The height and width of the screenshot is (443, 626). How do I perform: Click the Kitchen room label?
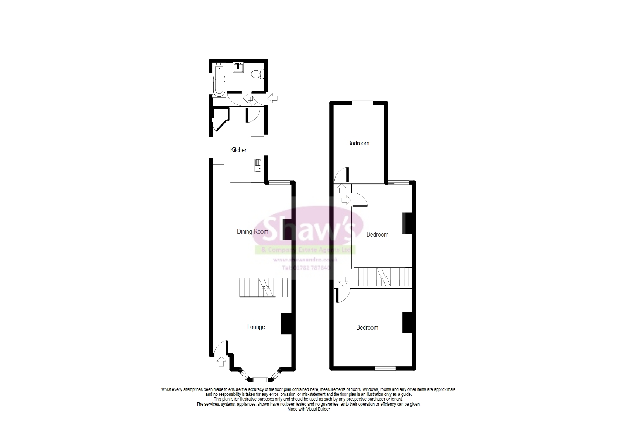click(239, 150)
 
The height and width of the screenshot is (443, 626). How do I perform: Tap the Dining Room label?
click(252, 232)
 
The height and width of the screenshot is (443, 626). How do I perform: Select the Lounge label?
click(256, 327)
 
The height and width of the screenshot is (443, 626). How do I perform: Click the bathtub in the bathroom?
click(220, 80)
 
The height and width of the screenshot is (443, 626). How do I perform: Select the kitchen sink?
click(258, 165)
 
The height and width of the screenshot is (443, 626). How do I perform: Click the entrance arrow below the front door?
click(221, 361)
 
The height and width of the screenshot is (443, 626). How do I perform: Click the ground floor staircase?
click(265, 288)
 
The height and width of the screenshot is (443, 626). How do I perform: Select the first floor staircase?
click(382, 277)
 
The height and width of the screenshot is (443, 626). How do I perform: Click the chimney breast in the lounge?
click(286, 324)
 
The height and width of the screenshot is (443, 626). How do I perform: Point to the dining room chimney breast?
click(288, 230)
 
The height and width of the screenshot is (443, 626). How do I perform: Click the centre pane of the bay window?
click(260, 379)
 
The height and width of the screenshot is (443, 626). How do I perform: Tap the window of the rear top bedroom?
click(362, 103)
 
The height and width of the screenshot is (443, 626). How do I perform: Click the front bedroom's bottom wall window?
click(385, 368)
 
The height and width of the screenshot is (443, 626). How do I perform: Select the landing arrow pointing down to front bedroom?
click(343, 282)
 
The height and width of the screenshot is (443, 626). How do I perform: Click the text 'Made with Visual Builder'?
click(309, 409)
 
